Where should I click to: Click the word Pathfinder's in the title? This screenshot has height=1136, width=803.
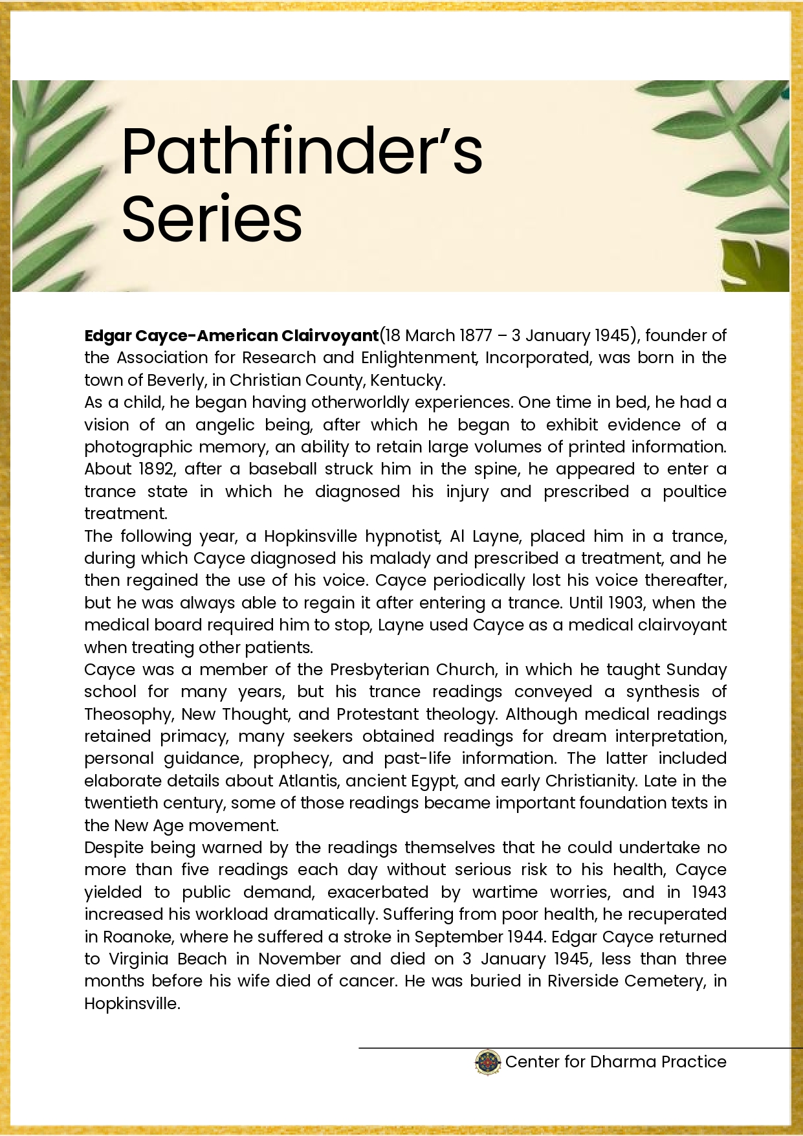click(x=302, y=151)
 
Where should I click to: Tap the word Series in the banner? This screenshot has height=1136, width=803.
click(x=212, y=219)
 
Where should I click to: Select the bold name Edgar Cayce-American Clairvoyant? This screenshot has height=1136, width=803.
click(x=231, y=335)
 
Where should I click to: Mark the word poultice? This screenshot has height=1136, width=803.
click(x=694, y=491)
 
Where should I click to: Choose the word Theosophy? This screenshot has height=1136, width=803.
click(x=127, y=714)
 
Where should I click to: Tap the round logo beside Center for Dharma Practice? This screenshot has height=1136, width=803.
click(x=488, y=1062)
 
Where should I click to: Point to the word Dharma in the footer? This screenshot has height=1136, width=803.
click(x=620, y=1062)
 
